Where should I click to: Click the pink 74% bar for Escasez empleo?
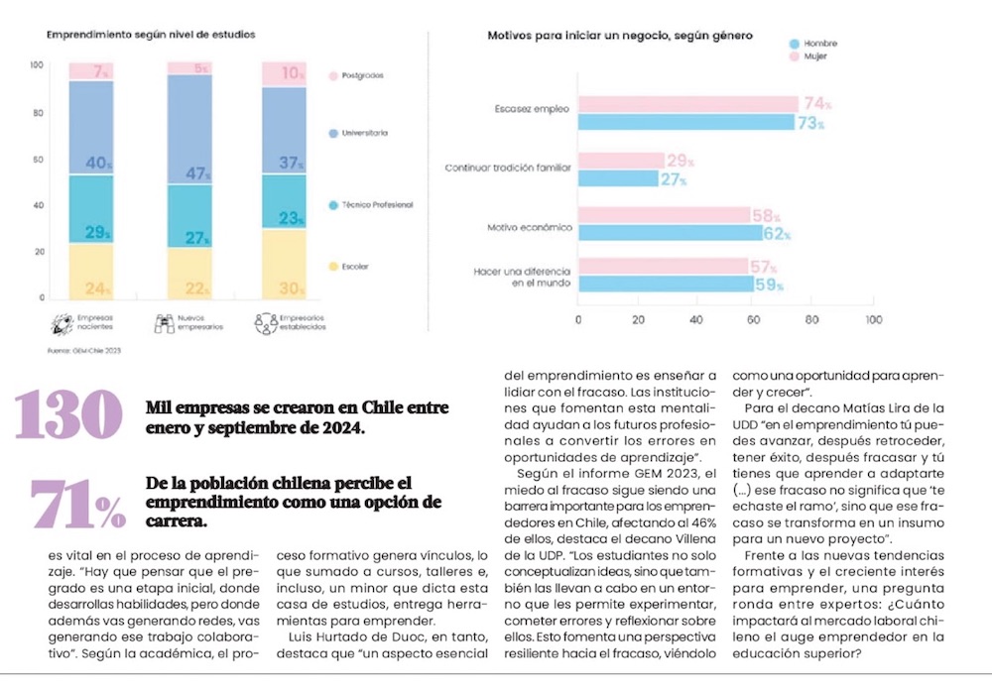point(687,104)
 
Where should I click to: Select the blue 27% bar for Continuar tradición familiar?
point(618,179)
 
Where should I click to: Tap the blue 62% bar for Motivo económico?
point(670,233)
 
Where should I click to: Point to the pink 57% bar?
point(662,266)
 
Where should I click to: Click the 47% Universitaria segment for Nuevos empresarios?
point(189,129)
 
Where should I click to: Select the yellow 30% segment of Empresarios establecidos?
point(284,264)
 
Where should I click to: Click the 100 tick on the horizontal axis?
point(873,320)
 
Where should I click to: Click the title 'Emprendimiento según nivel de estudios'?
point(151,35)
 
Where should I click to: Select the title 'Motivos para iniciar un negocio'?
point(620,36)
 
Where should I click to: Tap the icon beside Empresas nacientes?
point(61,322)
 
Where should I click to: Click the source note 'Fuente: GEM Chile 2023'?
point(84,350)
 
